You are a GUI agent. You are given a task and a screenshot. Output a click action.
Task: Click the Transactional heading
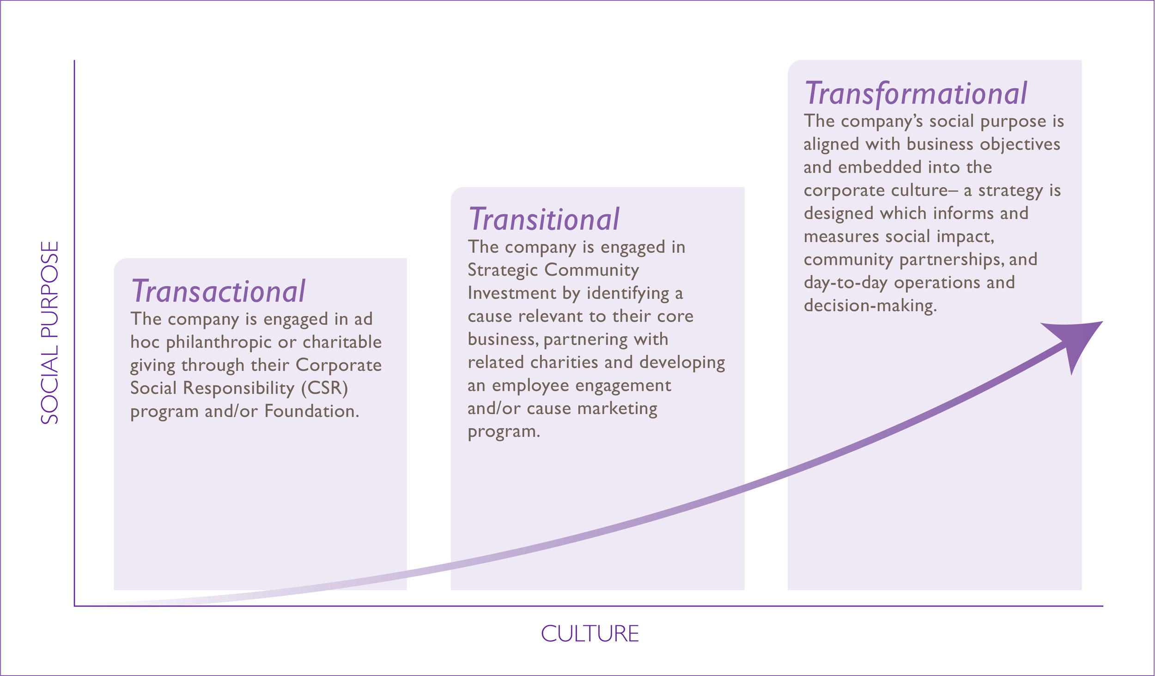[218, 291]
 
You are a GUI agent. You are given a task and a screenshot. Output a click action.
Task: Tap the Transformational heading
[916, 93]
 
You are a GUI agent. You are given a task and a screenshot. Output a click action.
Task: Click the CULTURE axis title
[590, 634]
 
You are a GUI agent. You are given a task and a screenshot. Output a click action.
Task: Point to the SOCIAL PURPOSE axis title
[50, 333]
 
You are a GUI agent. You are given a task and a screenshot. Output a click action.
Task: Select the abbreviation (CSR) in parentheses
[324, 388]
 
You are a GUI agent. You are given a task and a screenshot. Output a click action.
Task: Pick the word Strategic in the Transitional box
[503, 270]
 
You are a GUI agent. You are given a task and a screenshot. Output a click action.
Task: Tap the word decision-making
[870, 306]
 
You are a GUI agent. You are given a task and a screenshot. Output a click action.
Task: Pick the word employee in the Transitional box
[530, 385]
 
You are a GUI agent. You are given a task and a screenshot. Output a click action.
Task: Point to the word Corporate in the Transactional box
[339, 365]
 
